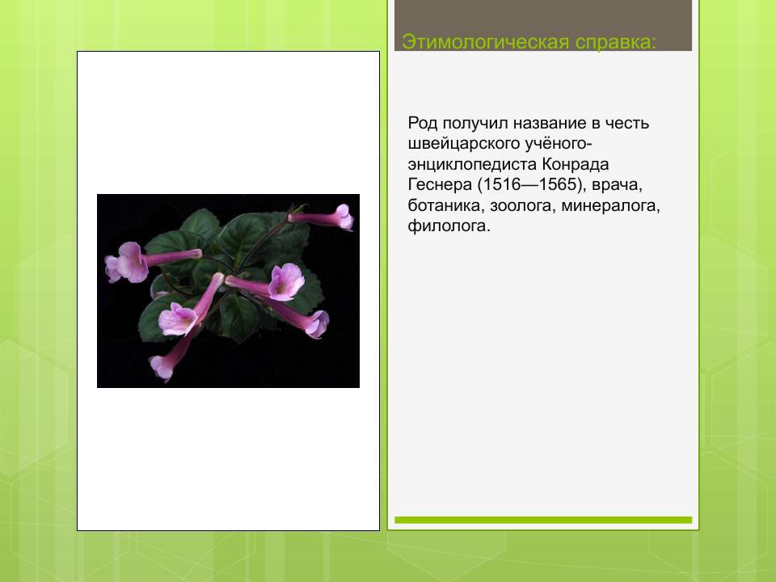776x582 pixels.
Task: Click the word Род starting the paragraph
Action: (422, 124)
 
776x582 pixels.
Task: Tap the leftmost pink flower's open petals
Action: (124, 264)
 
